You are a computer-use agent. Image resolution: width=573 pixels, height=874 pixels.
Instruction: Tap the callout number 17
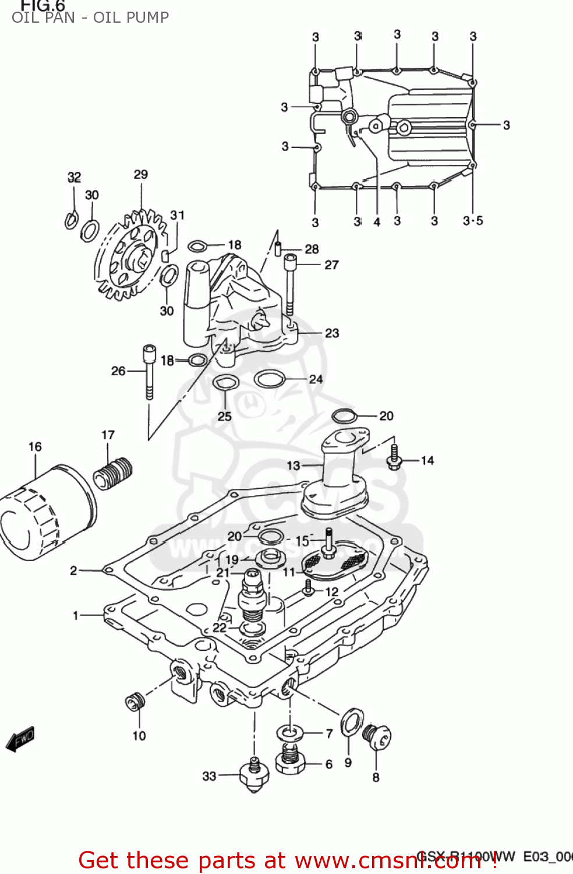[108, 435]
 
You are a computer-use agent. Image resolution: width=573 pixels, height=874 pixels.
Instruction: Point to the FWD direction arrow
[20, 739]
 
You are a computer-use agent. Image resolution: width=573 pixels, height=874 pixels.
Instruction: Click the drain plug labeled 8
[376, 737]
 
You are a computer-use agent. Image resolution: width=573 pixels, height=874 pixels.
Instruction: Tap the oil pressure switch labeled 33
[253, 774]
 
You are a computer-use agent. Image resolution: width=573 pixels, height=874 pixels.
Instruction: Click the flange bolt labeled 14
[395, 458]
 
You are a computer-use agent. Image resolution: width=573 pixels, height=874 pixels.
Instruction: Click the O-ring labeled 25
[225, 383]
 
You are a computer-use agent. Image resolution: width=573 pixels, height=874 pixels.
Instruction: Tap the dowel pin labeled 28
[278, 247]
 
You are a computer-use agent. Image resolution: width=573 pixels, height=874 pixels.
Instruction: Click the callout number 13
[293, 466]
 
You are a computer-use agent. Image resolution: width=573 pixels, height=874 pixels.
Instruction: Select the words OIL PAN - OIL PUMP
[90, 17]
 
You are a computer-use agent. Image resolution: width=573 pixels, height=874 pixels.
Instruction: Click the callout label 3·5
[473, 221]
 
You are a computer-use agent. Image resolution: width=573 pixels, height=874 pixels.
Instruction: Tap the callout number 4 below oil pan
[377, 222]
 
